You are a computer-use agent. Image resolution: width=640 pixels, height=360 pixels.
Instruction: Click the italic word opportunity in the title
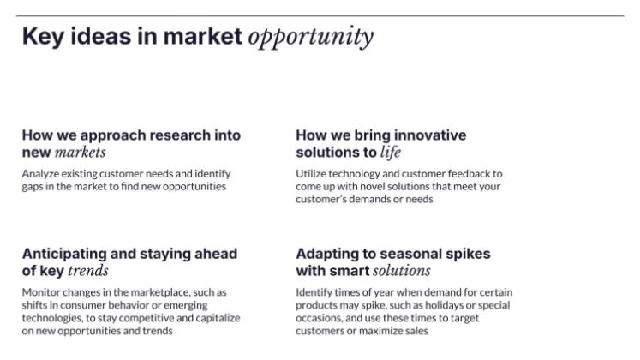tap(310, 37)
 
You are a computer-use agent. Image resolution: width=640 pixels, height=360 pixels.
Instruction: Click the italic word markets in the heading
tap(80, 153)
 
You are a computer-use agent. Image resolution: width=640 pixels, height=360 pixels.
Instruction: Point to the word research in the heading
tap(179, 135)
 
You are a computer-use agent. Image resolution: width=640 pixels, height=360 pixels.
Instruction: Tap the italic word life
tap(391, 153)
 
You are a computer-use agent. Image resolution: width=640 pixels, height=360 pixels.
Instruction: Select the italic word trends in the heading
tap(87, 271)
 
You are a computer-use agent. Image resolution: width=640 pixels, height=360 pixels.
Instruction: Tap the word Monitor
tap(41, 292)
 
